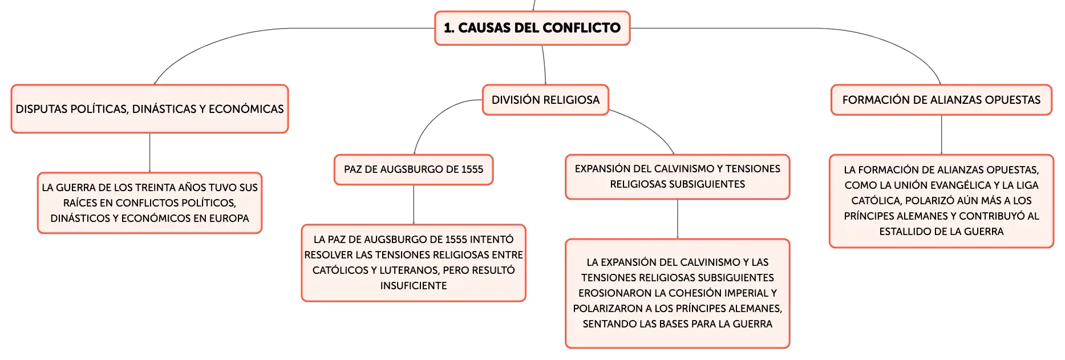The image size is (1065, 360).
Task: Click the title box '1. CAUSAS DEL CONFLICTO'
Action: [x=532, y=28]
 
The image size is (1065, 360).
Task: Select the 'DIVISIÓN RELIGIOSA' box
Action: [x=545, y=100]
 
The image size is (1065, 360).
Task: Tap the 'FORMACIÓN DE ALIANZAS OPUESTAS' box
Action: [x=941, y=100]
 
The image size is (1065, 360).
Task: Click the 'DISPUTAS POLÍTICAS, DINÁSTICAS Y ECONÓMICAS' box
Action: [x=149, y=109]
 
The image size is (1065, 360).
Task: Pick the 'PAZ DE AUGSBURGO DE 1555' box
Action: [x=414, y=169]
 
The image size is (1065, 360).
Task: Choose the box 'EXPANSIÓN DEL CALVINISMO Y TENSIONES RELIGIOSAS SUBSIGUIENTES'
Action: [x=678, y=177]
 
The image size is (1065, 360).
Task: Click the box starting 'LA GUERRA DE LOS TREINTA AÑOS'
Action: [x=149, y=203]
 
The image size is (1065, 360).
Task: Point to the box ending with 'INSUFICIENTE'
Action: [x=414, y=263]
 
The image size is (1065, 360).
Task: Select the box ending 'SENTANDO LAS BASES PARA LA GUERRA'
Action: [x=678, y=293]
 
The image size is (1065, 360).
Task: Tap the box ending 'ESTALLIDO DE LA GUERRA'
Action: [x=941, y=201]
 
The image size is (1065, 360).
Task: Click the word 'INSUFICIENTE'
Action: [x=414, y=286]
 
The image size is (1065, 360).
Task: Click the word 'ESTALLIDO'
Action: [x=904, y=232]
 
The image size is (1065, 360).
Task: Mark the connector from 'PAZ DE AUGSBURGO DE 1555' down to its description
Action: [x=414, y=205]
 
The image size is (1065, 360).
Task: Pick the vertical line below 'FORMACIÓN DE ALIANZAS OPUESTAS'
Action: [x=941, y=135]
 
